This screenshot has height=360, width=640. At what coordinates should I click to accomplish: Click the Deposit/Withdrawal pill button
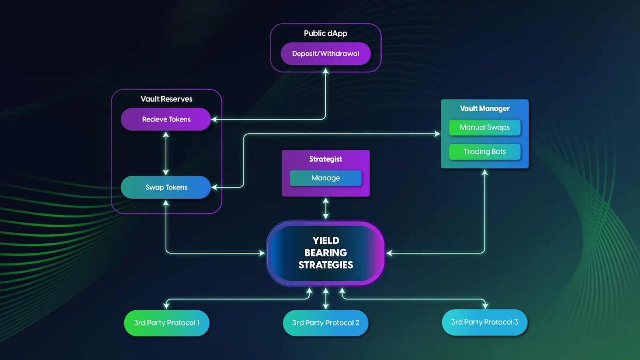click(x=326, y=54)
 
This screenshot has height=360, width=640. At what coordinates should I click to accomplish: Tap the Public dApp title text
click(x=326, y=33)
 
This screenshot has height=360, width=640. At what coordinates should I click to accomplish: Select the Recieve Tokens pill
click(x=166, y=119)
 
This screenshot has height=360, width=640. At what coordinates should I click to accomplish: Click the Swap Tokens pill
click(x=166, y=187)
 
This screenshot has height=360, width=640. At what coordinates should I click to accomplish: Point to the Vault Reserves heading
click(x=166, y=99)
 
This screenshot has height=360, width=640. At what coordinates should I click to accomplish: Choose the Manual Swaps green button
click(x=484, y=128)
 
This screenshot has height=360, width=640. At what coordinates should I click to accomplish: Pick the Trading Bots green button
click(x=484, y=152)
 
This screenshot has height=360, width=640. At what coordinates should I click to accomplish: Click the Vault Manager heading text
click(x=484, y=108)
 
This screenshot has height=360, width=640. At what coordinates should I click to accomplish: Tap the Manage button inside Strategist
click(x=326, y=178)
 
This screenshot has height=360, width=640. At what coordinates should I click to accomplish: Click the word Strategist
click(x=326, y=159)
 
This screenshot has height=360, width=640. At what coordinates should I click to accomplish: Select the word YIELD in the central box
click(x=326, y=240)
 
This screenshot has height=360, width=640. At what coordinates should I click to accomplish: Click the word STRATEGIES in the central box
click(x=326, y=265)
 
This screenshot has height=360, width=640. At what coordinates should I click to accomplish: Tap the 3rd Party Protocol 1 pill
click(x=167, y=323)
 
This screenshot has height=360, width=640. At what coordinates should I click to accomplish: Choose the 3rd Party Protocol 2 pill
click(x=326, y=323)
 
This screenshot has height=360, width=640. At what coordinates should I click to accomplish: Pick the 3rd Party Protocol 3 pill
click(x=484, y=322)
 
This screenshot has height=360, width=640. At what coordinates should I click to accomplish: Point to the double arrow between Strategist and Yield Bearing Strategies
click(x=326, y=208)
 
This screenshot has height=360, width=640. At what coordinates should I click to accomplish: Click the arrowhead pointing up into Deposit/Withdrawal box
click(x=326, y=71)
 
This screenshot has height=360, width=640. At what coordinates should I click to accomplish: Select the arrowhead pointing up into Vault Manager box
click(x=485, y=172)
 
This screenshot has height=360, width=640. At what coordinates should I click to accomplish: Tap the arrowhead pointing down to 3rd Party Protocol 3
click(x=485, y=306)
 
